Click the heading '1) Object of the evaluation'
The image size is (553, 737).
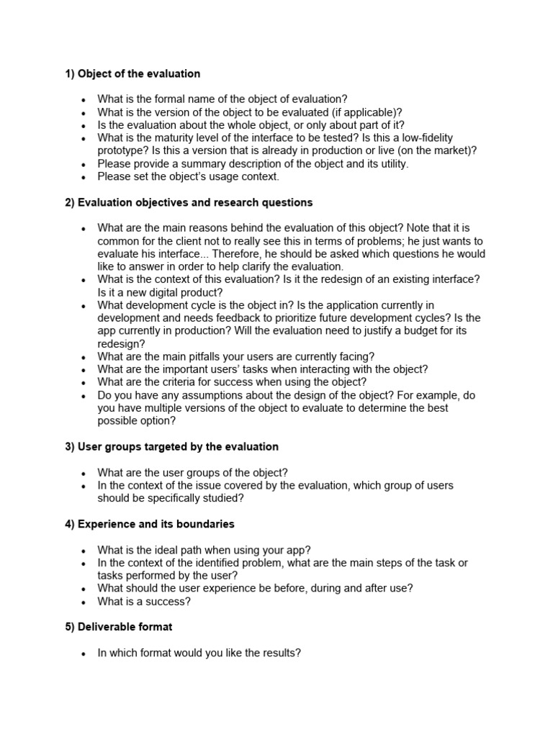[132, 73]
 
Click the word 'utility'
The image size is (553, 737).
[391, 163]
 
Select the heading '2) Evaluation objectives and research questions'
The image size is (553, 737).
[189, 202]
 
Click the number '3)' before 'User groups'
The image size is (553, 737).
[70, 447]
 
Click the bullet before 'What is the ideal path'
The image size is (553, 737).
[84, 551]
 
